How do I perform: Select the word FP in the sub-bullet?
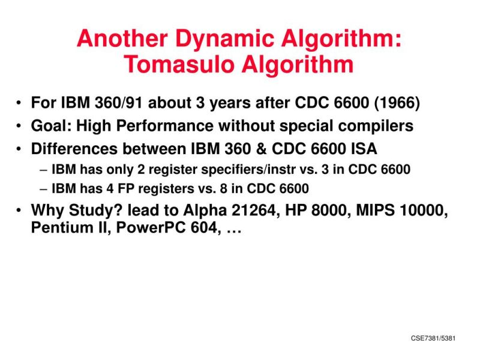click(x=119, y=190)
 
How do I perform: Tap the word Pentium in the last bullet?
click(x=58, y=229)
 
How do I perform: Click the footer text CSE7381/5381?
click(x=433, y=338)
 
